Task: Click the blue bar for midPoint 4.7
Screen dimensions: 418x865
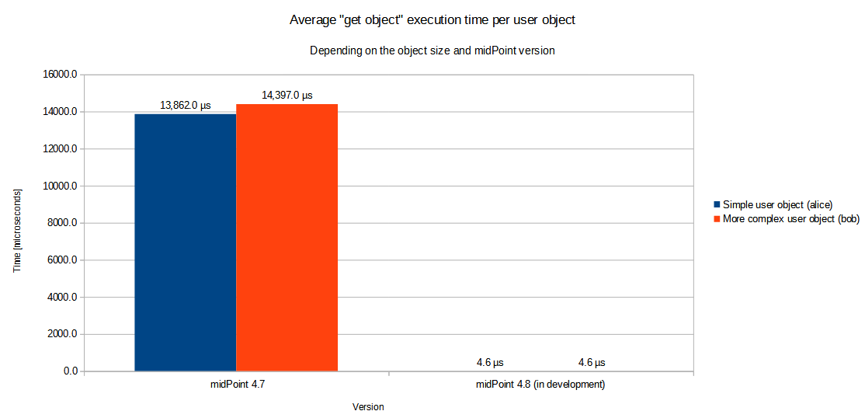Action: point(185,242)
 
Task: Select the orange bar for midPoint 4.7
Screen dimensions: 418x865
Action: point(287,238)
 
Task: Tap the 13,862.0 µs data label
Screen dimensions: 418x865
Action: point(186,106)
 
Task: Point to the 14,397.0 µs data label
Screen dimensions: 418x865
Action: point(287,96)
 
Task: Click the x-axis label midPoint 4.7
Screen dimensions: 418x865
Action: point(236,385)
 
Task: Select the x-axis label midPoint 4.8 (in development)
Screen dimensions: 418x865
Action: point(540,385)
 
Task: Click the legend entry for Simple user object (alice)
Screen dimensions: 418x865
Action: point(777,204)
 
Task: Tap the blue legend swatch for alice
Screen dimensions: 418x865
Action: point(717,204)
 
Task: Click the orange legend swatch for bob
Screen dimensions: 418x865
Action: point(717,219)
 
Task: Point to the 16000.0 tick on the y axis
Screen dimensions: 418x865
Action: point(59,75)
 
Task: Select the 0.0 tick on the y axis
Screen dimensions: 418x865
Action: point(69,371)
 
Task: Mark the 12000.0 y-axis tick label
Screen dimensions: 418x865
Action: point(59,149)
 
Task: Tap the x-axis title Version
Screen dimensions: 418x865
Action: point(368,407)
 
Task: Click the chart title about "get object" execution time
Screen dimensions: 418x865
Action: point(432,20)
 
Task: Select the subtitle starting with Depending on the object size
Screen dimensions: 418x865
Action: point(432,51)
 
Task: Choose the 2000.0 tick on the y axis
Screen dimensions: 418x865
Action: point(61,334)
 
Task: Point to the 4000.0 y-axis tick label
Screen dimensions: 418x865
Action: point(61,298)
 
